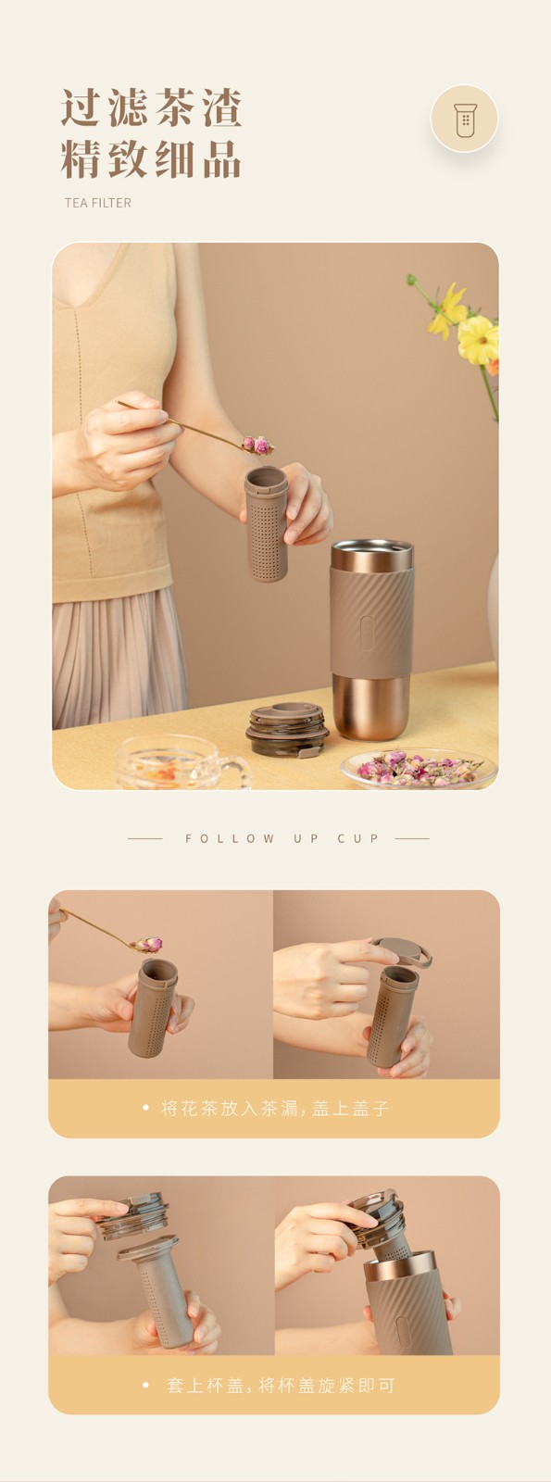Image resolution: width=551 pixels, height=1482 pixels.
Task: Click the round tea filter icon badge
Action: coord(464,119)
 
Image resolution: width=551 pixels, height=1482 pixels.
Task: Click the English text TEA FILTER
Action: coord(98,203)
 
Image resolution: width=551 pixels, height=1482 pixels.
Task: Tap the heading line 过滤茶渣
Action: coord(152,107)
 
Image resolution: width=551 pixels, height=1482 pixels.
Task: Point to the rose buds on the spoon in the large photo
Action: coord(257,445)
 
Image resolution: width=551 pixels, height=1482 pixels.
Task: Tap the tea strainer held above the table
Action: coord(266,523)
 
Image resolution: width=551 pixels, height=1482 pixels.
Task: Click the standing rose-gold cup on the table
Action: coord(372,638)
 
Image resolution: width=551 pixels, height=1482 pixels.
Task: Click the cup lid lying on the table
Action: coord(288,730)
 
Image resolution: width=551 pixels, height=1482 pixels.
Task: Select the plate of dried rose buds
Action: coord(420,770)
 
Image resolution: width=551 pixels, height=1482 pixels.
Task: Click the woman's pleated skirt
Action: coord(119,658)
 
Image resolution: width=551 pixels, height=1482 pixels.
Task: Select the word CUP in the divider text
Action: coord(358,838)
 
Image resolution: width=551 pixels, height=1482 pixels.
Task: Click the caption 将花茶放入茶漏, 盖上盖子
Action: coord(274,1108)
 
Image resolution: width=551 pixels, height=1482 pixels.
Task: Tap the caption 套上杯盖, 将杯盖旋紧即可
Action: coord(280,1385)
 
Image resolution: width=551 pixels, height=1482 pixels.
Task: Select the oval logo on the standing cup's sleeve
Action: coord(367,626)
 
